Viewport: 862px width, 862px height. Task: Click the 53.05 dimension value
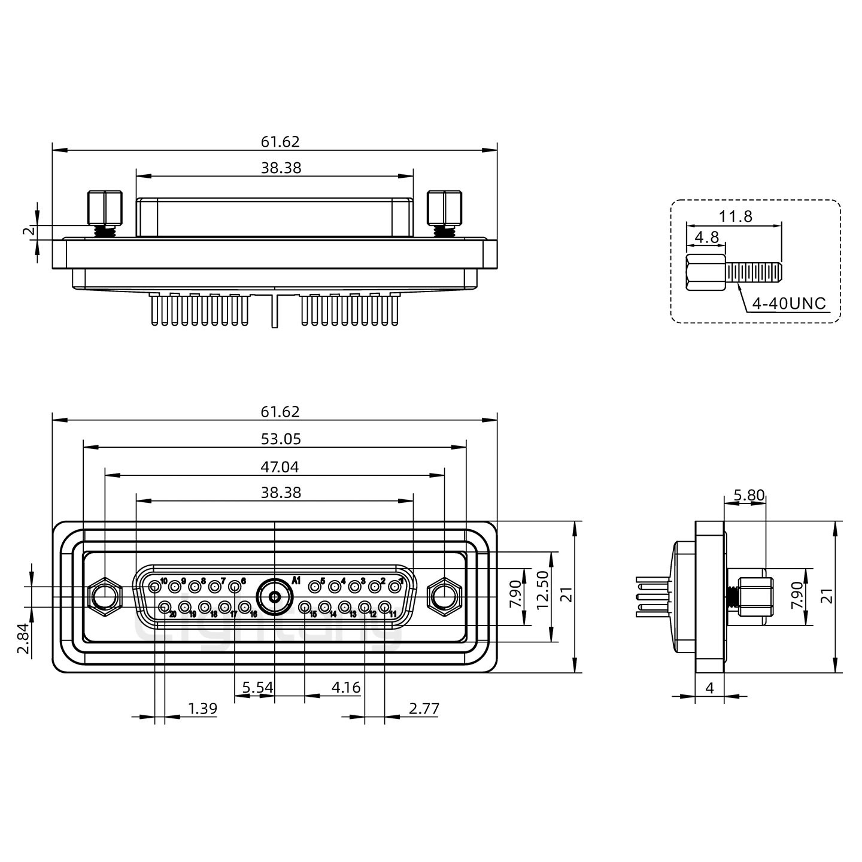point(281,439)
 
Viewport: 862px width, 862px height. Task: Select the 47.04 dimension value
point(281,466)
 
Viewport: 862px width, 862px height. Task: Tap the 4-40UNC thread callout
point(788,303)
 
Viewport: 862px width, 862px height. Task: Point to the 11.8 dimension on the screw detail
point(736,216)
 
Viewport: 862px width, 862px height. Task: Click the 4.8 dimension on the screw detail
point(706,238)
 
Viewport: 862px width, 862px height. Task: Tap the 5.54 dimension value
point(257,687)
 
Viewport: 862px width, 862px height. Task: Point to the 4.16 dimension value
point(346,687)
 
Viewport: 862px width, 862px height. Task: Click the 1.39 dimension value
point(202,709)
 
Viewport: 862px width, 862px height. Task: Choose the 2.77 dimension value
point(424,709)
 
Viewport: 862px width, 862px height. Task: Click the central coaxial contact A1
point(274,597)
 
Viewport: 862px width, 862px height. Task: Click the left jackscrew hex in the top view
point(104,207)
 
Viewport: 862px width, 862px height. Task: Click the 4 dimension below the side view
point(709,688)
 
